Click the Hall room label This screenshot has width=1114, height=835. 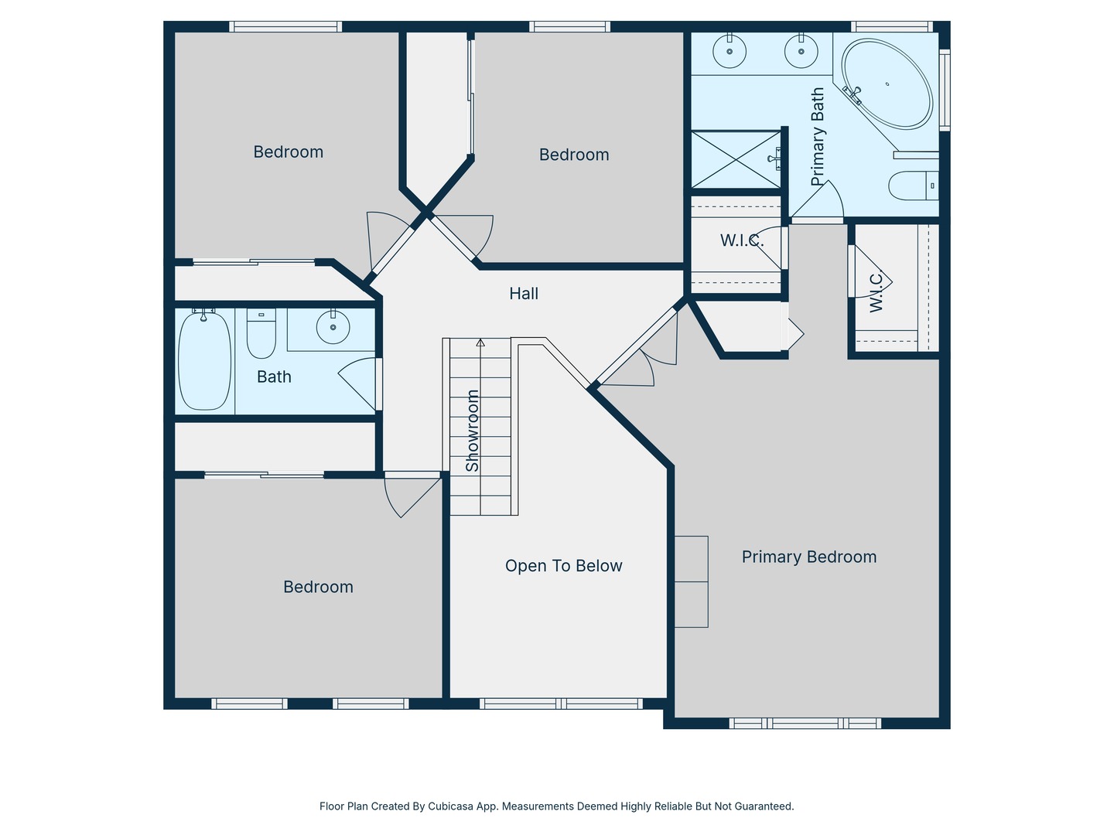(x=524, y=294)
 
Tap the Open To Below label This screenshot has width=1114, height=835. (x=563, y=566)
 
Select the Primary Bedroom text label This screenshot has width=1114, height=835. (x=808, y=557)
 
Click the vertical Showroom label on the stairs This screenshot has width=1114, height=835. (x=472, y=431)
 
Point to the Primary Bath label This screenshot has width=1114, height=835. (x=818, y=137)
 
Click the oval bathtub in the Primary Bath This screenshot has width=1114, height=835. (x=887, y=84)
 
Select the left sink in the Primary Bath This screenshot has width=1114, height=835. (x=730, y=53)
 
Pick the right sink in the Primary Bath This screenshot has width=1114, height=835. (x=801, y=53)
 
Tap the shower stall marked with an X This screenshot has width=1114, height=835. (x=736, y=159)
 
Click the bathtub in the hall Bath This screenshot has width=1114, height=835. (x=204, y=360)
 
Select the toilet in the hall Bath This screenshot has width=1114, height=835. (x=261, y=333)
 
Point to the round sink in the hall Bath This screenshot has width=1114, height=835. (x=333, y=328)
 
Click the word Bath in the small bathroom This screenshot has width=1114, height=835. (x=274, y=377)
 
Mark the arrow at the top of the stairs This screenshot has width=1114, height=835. (x=480, y=343)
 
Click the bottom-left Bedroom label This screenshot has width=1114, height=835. (x=318, y=588)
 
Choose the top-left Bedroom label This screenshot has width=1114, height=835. (x=288, y=152)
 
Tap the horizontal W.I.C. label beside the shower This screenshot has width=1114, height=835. (x=741, y=241)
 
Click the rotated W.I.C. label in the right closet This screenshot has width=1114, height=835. (x=876, y=291)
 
